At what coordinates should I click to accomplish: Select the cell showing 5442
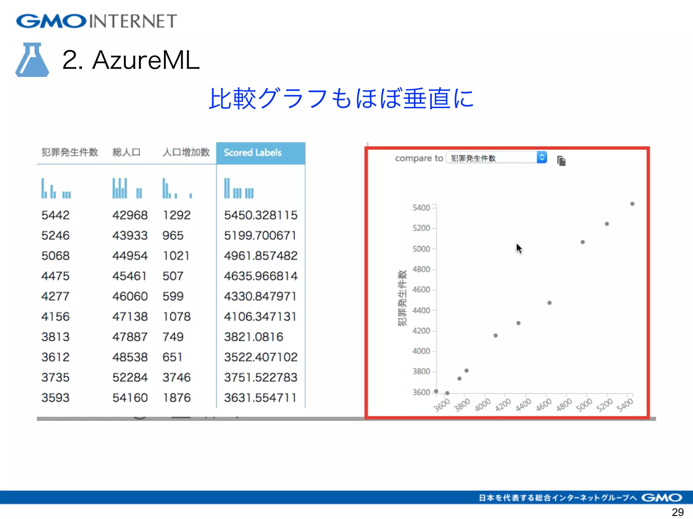point(55,215)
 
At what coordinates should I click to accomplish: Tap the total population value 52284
point(130,377)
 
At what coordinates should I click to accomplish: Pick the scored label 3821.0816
point(253,337)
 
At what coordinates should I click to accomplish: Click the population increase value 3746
point(177,377)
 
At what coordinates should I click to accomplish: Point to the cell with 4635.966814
point(261,276)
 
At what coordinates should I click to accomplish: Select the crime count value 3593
point(55,398)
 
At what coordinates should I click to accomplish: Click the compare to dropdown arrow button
point(542,157)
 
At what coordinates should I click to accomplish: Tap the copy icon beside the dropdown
point(561,161)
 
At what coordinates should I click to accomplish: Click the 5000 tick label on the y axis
point(421,249)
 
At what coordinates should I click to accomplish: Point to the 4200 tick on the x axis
point(503,404)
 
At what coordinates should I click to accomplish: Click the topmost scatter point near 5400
point(632,204)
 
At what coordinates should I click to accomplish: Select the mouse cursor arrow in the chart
point(519,248)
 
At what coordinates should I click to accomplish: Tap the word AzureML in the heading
point(146,60)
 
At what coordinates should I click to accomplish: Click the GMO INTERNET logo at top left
point(96,21)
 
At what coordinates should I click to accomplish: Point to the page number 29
point(677,512)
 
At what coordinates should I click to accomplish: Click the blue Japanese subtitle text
point(341,98)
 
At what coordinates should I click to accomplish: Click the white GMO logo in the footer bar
point(662,498)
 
